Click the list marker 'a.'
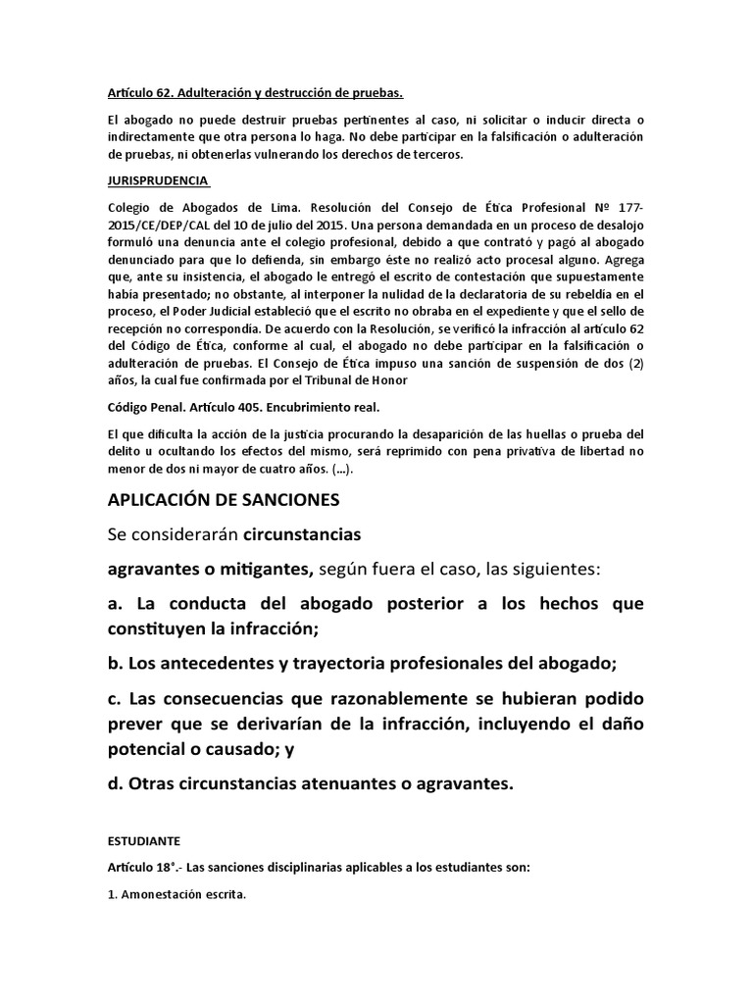(118, 604)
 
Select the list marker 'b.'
(118, 663)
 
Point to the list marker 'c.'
(117, 698)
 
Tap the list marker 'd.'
(118, 783)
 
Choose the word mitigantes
(256, 570)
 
